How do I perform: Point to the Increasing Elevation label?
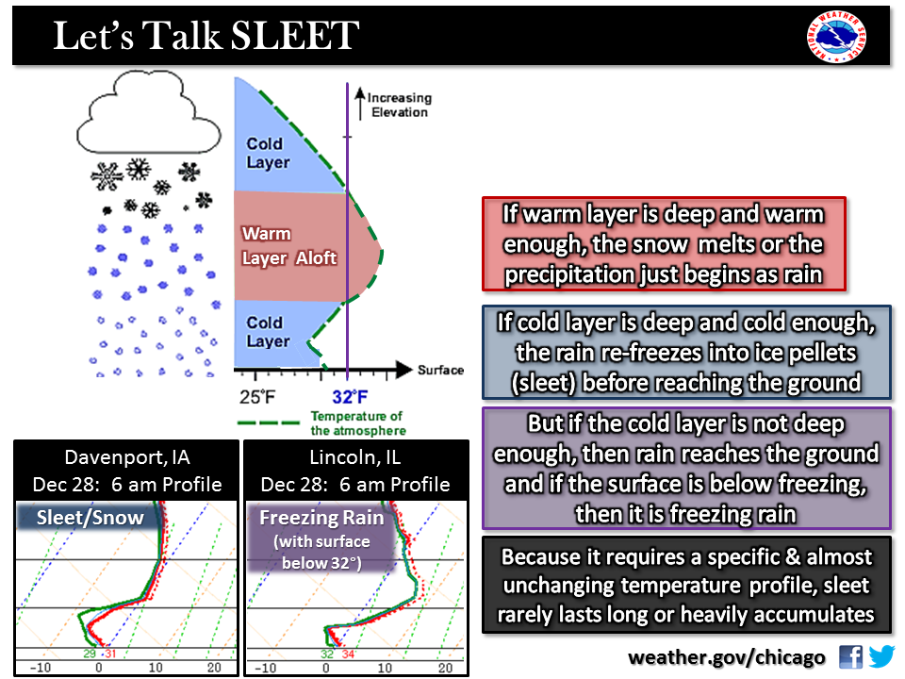(398, 105)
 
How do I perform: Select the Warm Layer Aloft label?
(288, 245)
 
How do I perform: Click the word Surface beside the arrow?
(440, 370)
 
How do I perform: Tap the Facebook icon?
(850, 656)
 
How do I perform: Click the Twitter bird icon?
(881, 656)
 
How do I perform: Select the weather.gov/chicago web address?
(727, 657)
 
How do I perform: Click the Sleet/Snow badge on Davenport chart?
(90, 517)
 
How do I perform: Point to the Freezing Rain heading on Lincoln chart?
(321, 517)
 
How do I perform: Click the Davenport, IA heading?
(126, 458)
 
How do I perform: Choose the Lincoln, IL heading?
(355, 458)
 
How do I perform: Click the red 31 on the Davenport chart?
(109, 654)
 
